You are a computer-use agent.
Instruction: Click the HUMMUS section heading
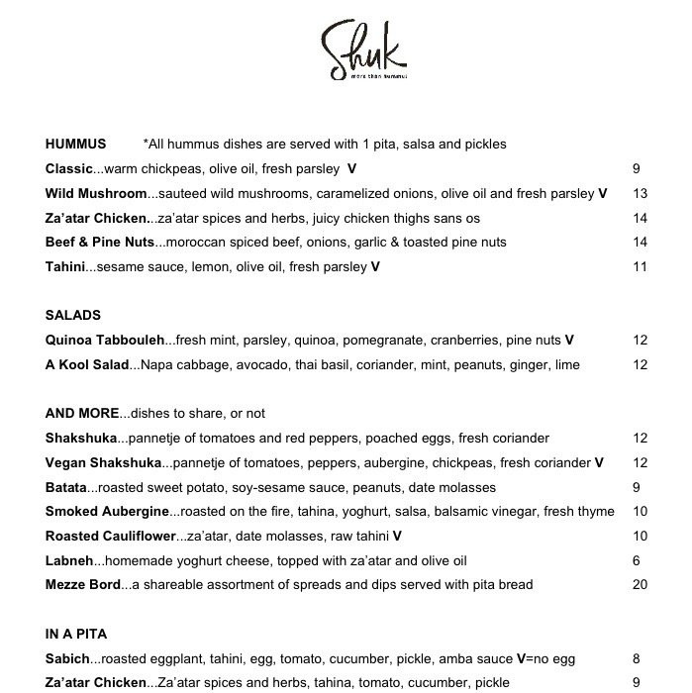(75, 144)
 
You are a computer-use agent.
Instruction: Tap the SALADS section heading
(73, 315)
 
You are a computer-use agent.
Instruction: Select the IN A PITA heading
(76, 634)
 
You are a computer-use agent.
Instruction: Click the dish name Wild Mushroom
(96, 193)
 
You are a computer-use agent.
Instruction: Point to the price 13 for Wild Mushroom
(640, 193)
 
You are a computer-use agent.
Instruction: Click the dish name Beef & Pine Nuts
(100, 242)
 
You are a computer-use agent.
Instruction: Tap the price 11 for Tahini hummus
(640, 266)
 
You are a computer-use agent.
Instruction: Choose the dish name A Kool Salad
(87, 364)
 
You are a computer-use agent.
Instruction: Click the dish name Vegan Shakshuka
(103, 462)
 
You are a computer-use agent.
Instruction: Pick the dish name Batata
(66, 487)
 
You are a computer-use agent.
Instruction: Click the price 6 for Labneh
(637, 560)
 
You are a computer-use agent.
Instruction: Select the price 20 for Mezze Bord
(640, 584)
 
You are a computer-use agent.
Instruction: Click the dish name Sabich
(67, 658)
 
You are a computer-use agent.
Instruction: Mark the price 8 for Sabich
(637, 658)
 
